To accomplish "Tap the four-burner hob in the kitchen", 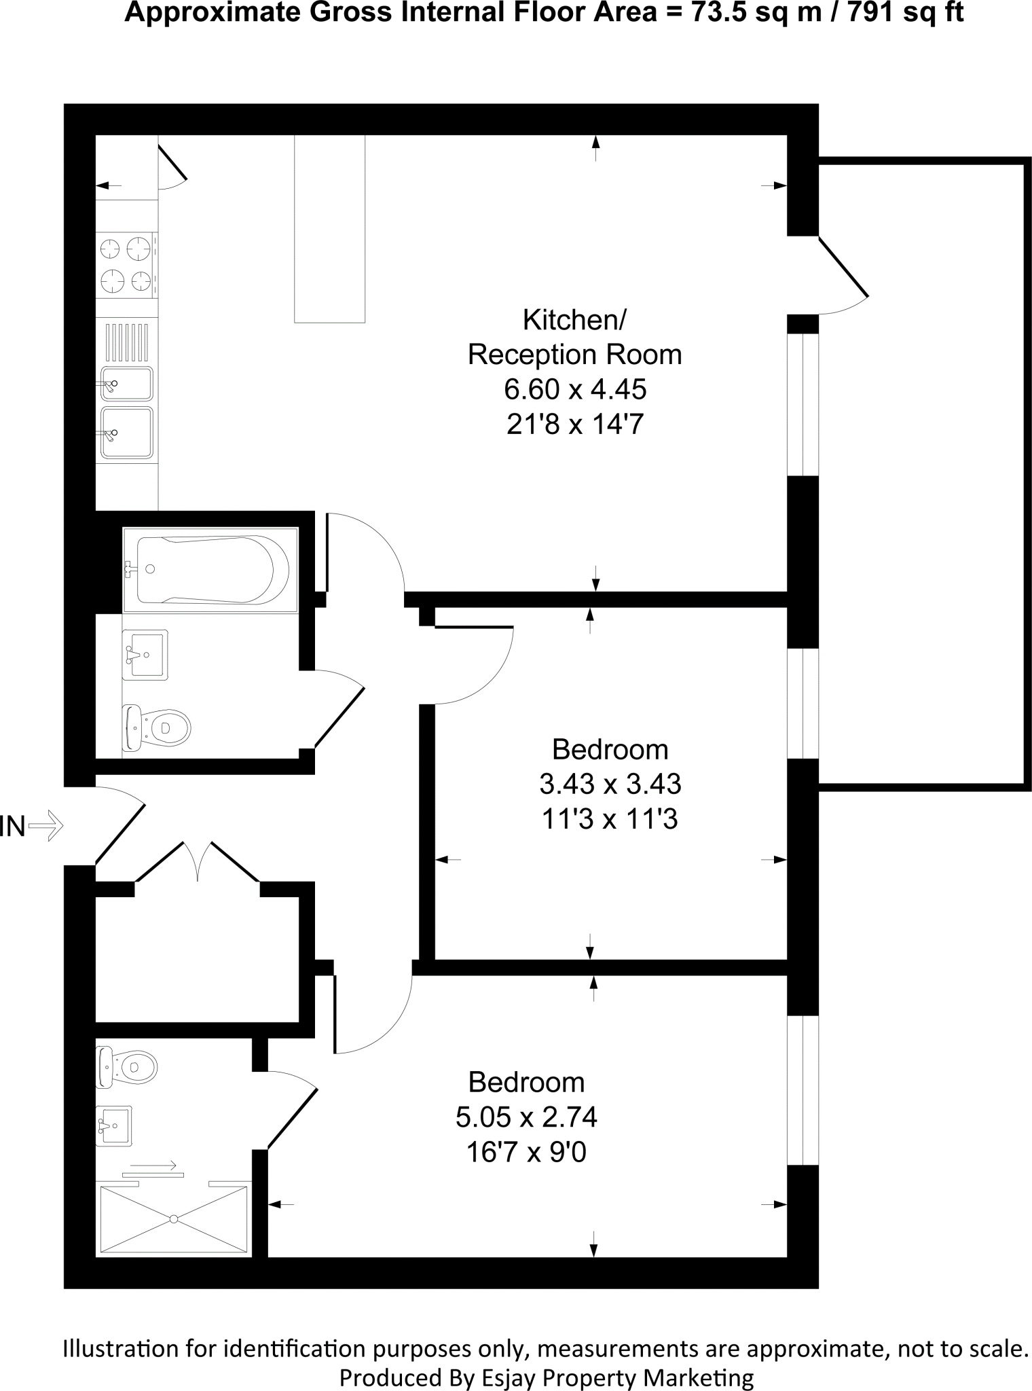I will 126,264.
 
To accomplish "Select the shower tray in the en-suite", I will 174,1218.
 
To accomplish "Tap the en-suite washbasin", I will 113,1126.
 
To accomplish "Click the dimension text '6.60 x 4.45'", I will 574,390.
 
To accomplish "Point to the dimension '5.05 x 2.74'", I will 526,1117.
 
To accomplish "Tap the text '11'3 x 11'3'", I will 610,820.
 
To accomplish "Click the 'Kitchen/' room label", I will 574,320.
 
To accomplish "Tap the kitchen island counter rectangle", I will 329,228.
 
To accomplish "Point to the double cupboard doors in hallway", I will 198,861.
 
